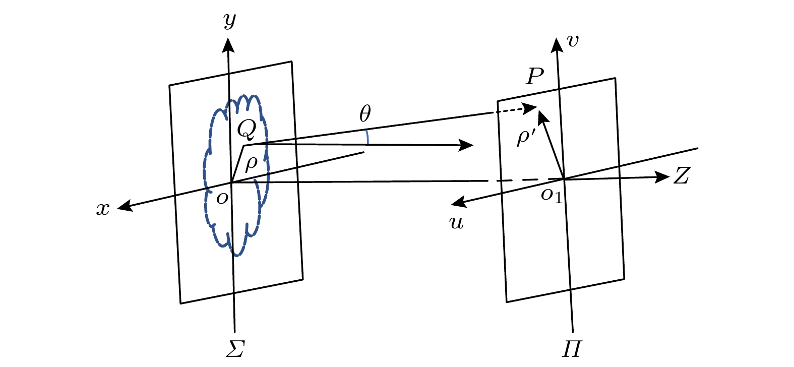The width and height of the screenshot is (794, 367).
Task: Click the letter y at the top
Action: coord(230,21)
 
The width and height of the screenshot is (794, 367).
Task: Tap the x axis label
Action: coord(103,209)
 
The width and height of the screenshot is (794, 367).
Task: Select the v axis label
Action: coord(573,41)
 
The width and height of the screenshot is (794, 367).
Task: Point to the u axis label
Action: coord(456,223)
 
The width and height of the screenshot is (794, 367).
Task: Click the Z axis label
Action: coord(681,176)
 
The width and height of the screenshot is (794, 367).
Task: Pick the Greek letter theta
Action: coord(365,115)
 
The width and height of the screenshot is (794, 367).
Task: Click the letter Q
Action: coord(247,130)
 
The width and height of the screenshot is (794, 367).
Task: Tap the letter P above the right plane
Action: coord(534,77)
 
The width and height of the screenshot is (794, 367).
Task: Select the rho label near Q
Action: coord(251,164)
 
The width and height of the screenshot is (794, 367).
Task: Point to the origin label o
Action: coord(221,198)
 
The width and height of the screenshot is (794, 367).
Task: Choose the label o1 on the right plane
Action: coord(551,195)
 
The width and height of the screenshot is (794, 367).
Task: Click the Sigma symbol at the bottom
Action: coord(235,348)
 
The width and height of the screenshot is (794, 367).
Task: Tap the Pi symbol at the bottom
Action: coord(572,348)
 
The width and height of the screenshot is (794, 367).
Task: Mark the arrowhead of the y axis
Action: coord(229,45)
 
